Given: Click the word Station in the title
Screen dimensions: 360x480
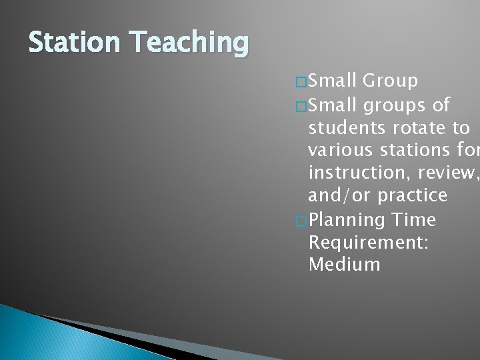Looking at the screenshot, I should tap(68, 43).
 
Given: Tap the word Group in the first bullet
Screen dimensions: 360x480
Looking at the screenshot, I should tap(391, 81).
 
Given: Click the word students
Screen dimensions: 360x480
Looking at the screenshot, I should tap(351, 127).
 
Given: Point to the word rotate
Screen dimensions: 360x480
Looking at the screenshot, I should tap(420, 127).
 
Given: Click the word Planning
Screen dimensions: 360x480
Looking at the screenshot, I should tap(348, 219).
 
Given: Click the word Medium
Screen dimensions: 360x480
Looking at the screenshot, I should tap(344, 264).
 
